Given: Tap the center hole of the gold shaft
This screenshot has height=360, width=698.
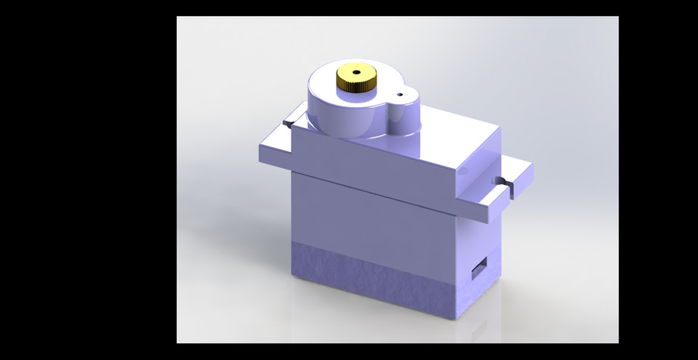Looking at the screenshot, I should pos(356,73).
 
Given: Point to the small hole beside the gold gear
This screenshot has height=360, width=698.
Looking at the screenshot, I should pos(398,94).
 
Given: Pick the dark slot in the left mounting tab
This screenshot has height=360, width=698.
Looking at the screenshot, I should pos(289,124).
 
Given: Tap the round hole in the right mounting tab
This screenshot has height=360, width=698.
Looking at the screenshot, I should pos(499,180).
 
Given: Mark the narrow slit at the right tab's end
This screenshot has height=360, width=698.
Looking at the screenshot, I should pos(513,191).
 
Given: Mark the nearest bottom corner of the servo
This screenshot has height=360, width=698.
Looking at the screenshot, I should pos(456,321).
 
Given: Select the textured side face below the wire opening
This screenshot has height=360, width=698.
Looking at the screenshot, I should pos(480,295).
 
